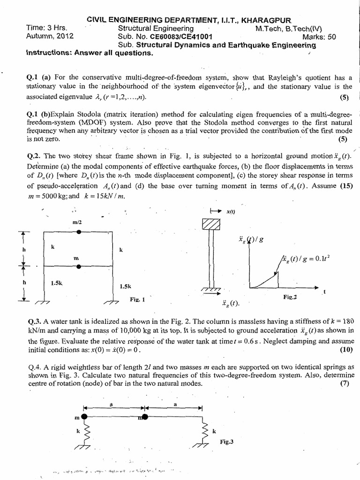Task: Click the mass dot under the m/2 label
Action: (x=79, y=232)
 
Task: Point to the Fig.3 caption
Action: (x=226, y=442)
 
